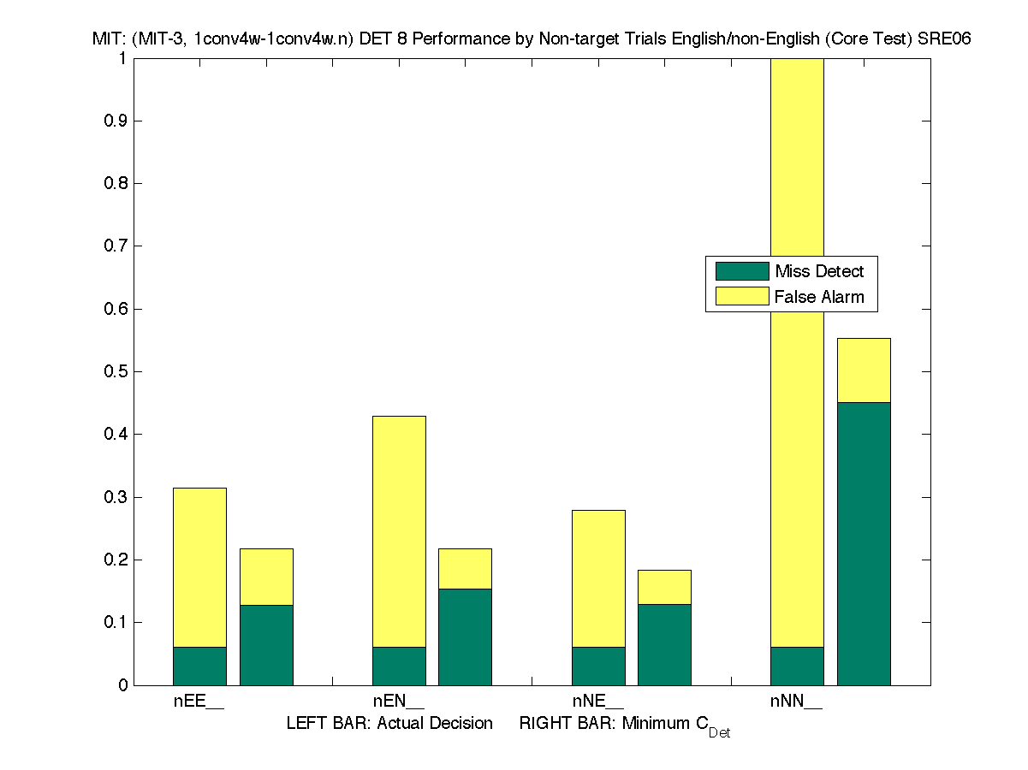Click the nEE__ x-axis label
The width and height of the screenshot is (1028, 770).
tap(199, 702)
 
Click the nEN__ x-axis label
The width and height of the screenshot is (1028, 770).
tap(398, 702)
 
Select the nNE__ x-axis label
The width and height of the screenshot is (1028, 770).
tap(597, 702)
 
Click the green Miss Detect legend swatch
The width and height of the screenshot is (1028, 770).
tap(741, 271)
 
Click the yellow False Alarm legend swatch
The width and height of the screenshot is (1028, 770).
tap(741, 297)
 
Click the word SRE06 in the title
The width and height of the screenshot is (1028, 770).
tap(945, 39)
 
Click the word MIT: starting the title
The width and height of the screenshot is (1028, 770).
tap(110, 39)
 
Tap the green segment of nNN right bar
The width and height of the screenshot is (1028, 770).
tap(864, 543)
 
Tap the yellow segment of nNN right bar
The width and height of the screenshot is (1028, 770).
tap(864, 370)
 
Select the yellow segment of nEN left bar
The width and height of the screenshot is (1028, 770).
tap(399, 530)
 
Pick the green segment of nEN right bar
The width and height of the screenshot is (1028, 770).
tap(465, 637)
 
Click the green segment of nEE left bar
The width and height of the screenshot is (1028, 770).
tap(199, 666)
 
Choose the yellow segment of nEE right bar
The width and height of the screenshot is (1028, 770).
tap(266, 577)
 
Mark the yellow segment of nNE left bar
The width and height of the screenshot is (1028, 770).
tap(598, 578)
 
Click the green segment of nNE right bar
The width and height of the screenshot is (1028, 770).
tap(664, 644)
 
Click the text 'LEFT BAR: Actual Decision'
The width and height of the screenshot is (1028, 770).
tap(389, 724)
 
